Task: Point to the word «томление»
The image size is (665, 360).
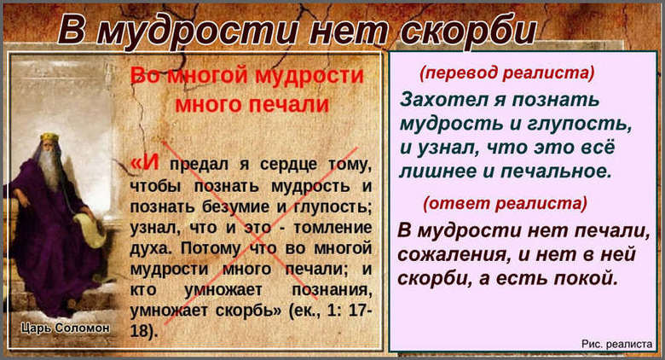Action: click(329, 228)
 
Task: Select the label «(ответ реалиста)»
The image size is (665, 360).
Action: click(506, 203)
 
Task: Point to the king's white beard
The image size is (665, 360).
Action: click(50, 171)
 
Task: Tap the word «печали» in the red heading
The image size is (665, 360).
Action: click(286, 104)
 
